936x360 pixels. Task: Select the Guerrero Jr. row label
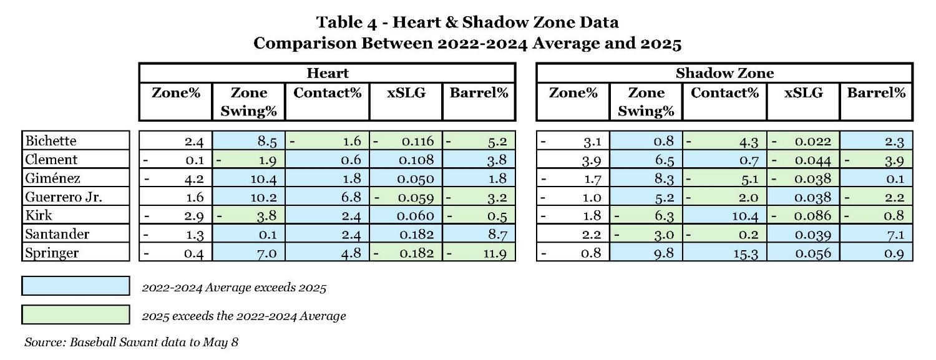(63, 197)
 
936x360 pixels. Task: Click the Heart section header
(328, 73)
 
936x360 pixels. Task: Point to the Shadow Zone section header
(724, 73)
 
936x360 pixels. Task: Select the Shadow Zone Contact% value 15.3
(744, 253)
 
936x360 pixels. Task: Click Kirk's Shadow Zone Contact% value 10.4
(744, 216)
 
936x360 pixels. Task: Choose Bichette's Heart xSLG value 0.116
(417, 141)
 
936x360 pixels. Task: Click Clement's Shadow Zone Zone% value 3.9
(590, 160)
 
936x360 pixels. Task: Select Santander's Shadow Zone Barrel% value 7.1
(895, 235)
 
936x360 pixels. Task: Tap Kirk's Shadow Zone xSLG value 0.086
(813, 216)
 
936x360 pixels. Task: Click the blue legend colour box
(76, 286)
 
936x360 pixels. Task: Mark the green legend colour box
(76, 314)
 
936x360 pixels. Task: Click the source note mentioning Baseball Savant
(131, 343)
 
